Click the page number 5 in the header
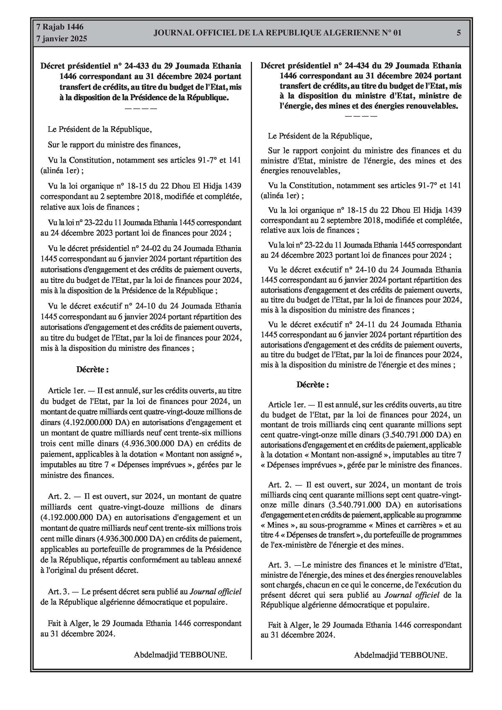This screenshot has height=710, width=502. [459, 33]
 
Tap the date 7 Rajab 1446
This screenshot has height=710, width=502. [60, 27]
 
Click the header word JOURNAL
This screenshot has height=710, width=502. [172, 33]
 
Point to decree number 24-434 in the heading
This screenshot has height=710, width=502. [357, 66]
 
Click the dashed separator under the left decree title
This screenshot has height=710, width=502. [141, 108]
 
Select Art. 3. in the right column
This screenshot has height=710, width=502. [280, 565]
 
